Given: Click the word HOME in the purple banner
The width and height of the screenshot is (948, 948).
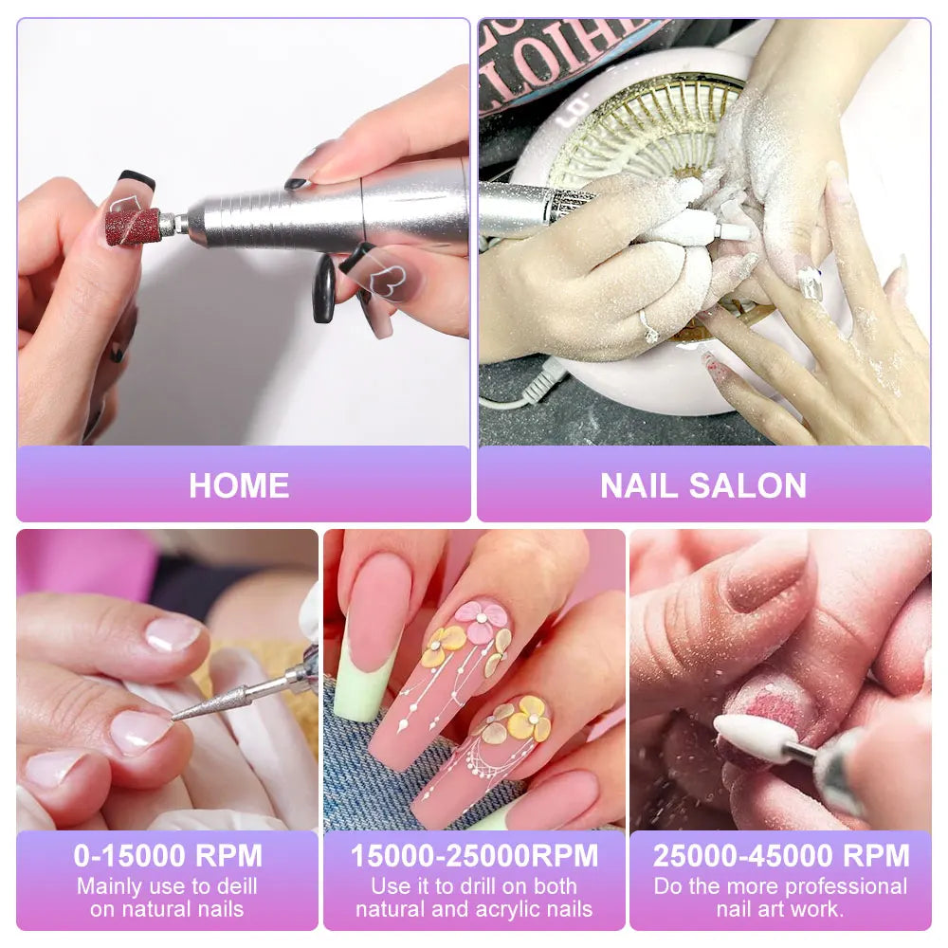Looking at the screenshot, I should [239, 485].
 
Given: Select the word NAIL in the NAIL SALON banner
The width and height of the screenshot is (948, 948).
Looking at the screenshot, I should [640, 485].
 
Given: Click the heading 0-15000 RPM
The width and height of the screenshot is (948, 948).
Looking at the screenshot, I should [168, 856].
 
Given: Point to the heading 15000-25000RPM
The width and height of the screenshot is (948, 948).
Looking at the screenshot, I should [474, 856].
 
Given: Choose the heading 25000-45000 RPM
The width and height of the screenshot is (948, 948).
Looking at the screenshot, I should [780, 856].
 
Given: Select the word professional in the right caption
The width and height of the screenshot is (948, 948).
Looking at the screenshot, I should [840, 887].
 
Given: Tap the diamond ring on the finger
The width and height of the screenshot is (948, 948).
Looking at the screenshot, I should [649, 327].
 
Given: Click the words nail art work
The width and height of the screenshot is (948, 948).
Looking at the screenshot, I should [780, 910].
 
